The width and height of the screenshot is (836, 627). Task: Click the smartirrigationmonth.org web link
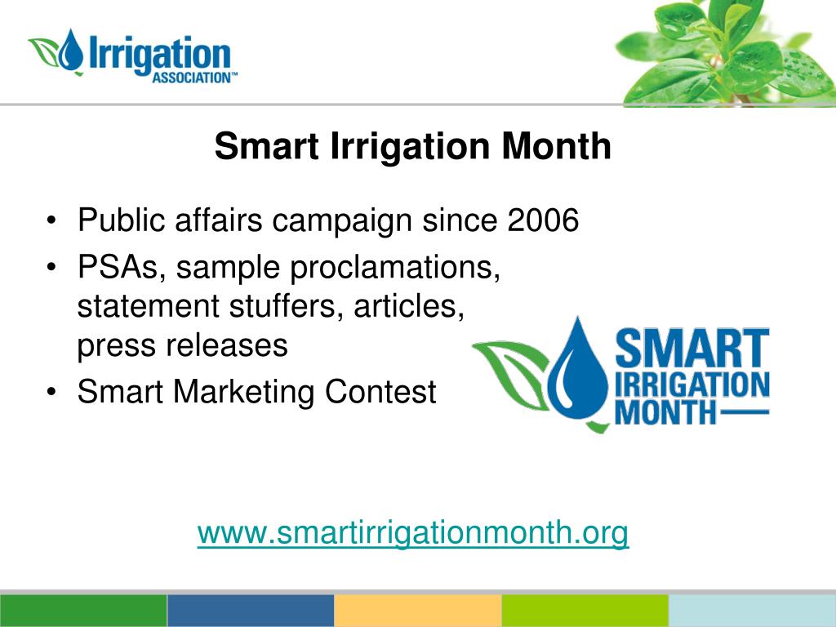point(412,532)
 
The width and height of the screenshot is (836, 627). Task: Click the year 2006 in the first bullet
point(543,220)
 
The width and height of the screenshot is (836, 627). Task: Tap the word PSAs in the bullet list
point(118,267)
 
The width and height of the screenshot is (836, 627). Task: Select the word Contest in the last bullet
point(380,391)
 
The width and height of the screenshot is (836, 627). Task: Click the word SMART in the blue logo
point(692,348)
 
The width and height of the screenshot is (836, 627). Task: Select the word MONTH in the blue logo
point(665,412)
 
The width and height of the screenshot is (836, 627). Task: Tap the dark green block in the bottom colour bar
point(83,611)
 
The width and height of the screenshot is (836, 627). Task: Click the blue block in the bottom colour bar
point(251,611)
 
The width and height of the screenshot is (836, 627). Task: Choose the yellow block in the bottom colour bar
point(418,611)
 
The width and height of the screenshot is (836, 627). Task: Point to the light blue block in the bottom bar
point(752,611)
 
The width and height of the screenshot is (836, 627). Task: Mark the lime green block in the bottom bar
point(585,611)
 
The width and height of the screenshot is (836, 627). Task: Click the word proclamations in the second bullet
point(395,267)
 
